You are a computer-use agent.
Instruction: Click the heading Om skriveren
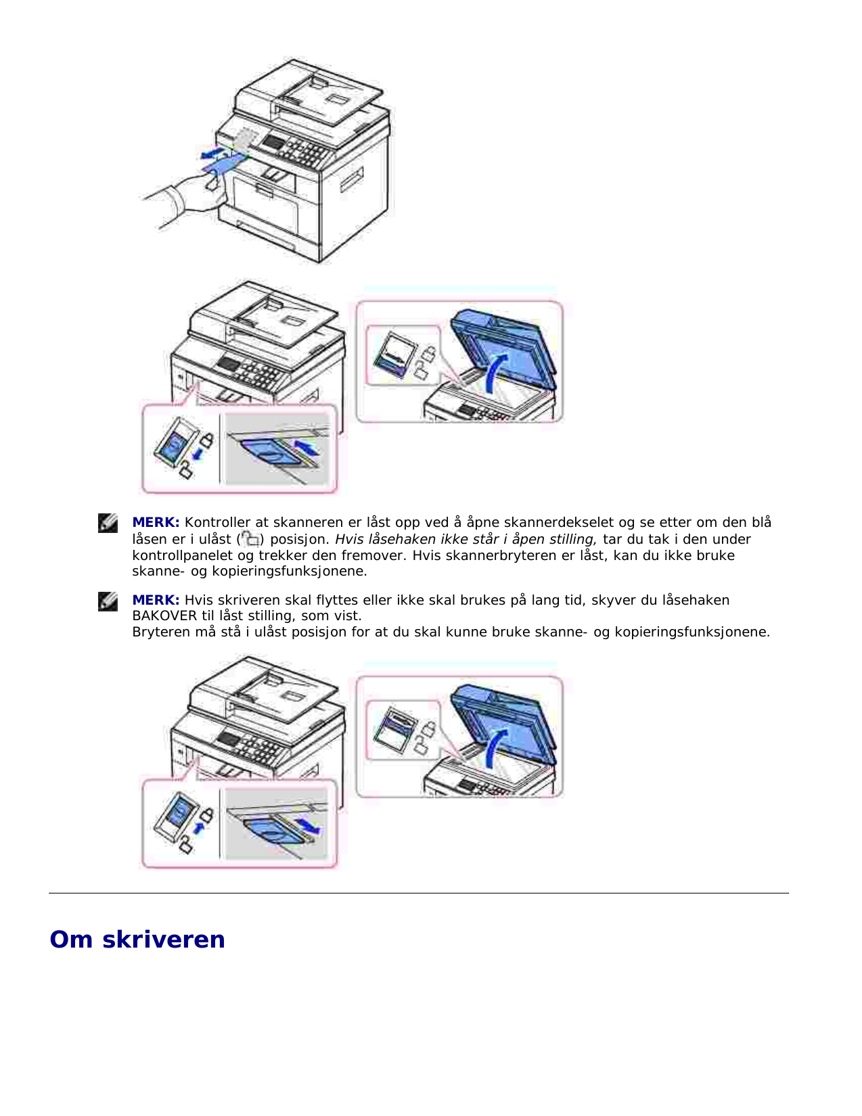[137, 939]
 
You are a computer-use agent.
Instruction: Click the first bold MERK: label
[156, 523]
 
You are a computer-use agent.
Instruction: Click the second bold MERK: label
[156, 600]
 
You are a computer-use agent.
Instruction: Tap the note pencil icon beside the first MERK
[108, 523]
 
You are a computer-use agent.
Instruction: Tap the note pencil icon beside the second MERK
[108, 601]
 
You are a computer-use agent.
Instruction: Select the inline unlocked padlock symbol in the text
[250, 539]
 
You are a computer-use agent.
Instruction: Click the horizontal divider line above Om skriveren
[418, 893]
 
